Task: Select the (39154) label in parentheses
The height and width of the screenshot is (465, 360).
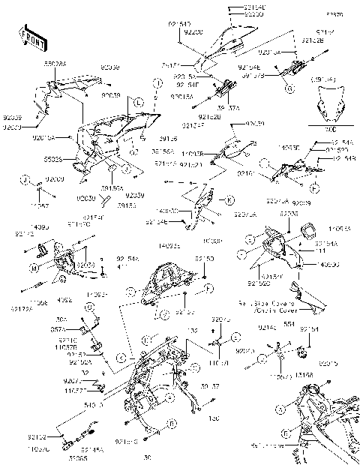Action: [330, 78]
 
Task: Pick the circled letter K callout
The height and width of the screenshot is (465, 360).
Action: [230, 200]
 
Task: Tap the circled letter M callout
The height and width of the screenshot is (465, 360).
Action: [34, 268]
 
